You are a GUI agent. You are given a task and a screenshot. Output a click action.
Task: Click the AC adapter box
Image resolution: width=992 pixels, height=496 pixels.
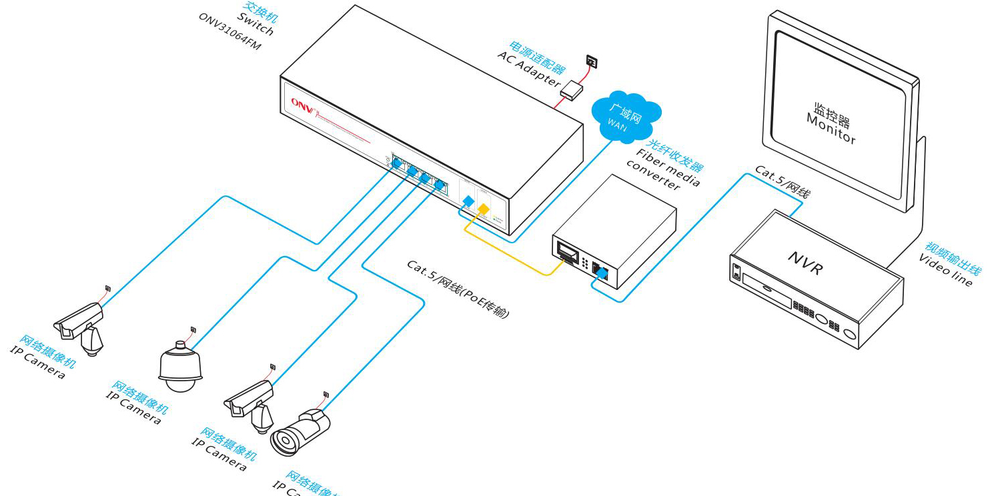(x=572, y=89)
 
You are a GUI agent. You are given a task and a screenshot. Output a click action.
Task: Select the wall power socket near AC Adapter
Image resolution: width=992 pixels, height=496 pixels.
(x=592, y=62)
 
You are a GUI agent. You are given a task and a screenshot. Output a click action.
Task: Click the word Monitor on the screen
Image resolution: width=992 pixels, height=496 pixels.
(x=831, y=128)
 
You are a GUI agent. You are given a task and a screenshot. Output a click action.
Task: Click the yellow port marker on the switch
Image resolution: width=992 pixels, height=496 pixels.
(x=484, y=210)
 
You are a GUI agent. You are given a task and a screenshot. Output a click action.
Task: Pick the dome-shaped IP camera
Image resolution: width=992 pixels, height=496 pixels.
(x=180, y=367)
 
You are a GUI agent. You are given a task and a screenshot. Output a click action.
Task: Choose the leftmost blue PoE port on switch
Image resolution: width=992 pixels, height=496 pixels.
(x=397, y=162)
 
